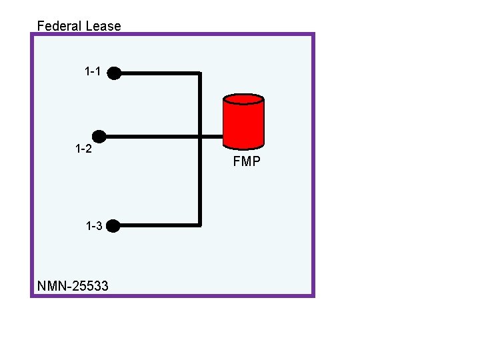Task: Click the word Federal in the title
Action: click(x=59, y=26)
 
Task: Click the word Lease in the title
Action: click(x=103, y=26)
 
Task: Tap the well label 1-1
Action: click(x=93, y=71)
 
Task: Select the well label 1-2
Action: click(x=83, y=148)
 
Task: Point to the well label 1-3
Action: click(x=94, y=226)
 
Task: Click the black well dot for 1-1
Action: click(x=115, y=73)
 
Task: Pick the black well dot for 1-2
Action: click(x=99, y=136)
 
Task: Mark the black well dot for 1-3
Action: click(x=113, y=226)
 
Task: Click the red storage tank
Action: click(x=243, y=123)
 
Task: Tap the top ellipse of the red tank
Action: click(x=243, y=99)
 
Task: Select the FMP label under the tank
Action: click(x=247, y=161)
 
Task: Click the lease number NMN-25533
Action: click(x=73, y=287)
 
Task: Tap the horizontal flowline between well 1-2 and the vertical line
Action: click(x=150, y=137)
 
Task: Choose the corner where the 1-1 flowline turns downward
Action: click(x=199, y=73)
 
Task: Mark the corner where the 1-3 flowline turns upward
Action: click(x=199, y=225)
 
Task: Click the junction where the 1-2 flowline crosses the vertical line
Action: click(x=199, y=137)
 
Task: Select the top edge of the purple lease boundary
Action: click(x=172, y=35)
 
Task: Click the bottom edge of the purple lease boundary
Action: click(x=172, y=295)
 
